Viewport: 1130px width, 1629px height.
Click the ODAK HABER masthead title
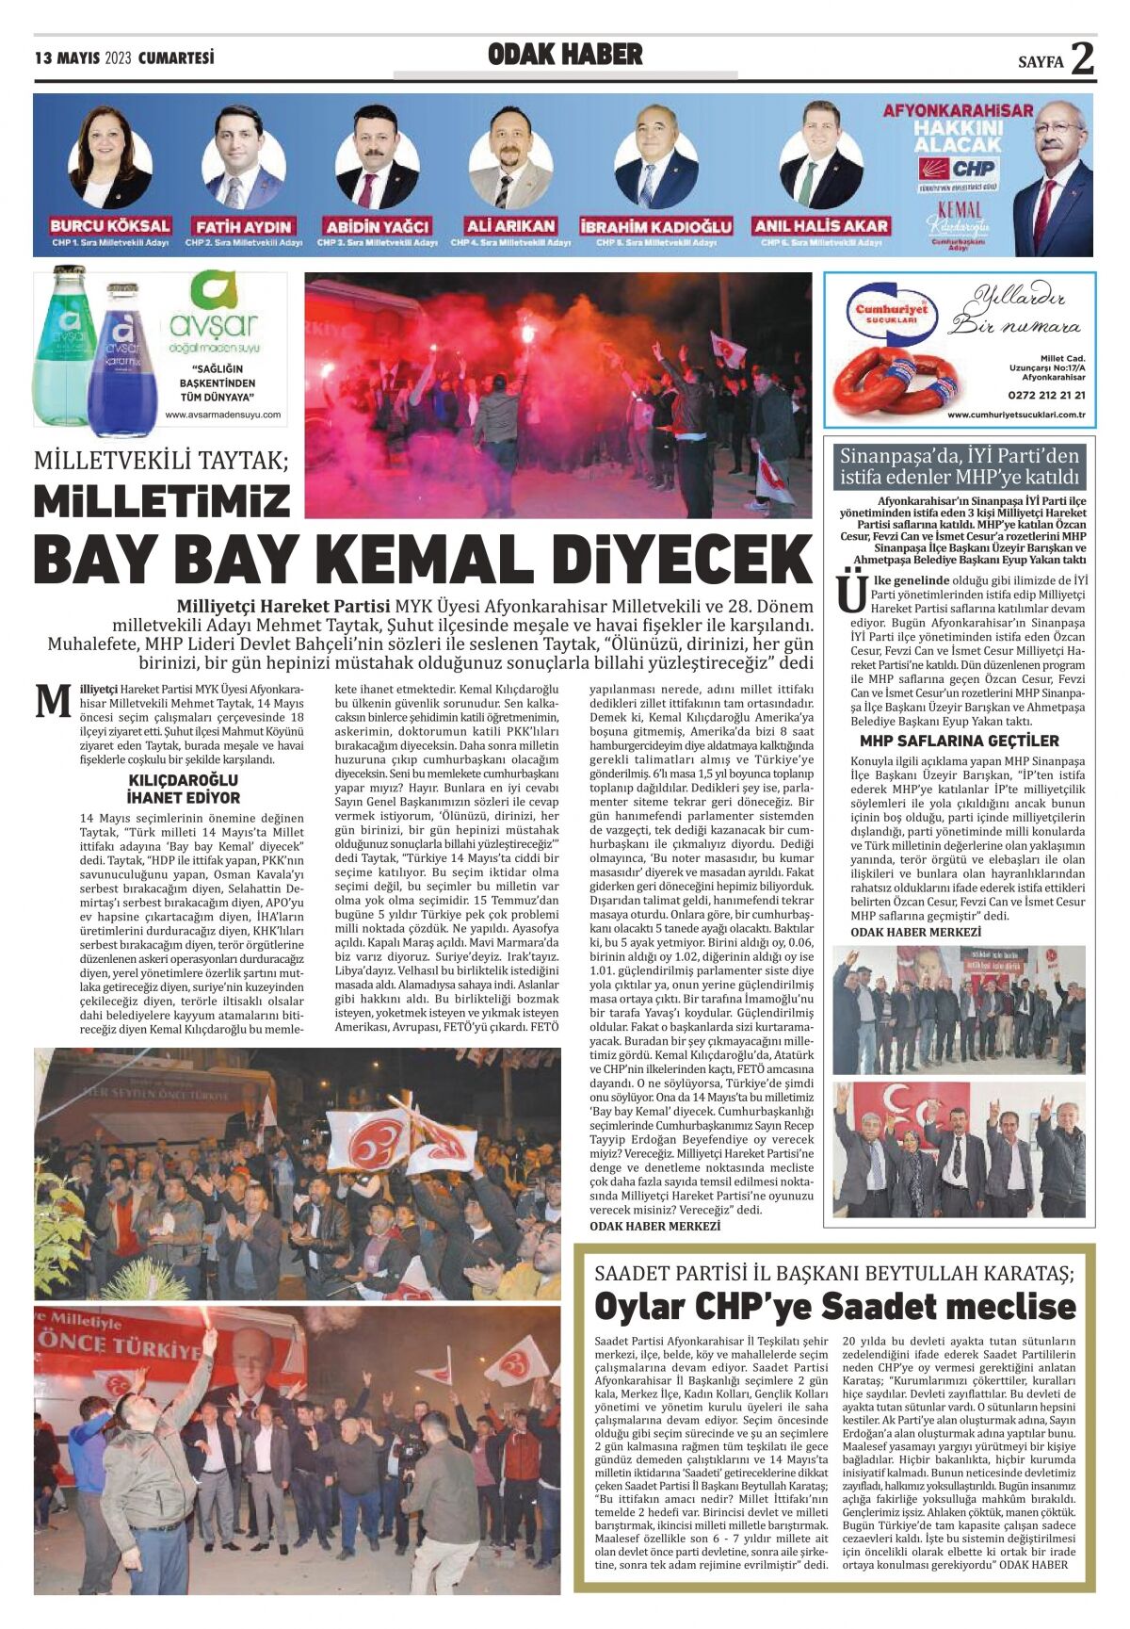(565, 56)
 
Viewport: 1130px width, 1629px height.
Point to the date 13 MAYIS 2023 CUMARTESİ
(124, 58)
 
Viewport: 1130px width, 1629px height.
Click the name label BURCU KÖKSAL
(110, 226)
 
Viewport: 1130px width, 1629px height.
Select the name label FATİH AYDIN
(244, 227)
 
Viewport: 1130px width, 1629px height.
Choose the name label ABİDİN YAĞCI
(377, 227)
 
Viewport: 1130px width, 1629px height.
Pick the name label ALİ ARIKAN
(510, 226)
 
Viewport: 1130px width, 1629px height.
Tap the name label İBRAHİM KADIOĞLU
(655, 227)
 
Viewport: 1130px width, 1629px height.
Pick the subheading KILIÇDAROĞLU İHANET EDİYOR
(184, 788)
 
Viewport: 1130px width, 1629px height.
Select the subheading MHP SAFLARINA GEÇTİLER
(959, 741)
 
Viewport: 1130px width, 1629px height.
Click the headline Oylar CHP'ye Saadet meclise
(834, 1307)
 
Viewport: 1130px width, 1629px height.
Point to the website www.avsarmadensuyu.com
(222, 415)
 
